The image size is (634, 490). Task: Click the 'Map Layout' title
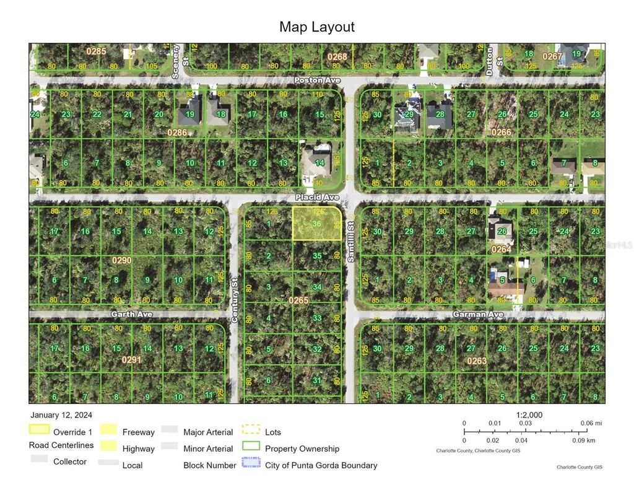316,27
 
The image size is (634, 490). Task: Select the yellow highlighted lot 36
316,224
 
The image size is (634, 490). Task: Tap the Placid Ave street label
317,197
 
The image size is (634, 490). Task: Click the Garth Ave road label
131,314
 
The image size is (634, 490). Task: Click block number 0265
298,300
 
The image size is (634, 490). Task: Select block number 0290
122,261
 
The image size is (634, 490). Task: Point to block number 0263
477,361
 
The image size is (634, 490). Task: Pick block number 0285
97,51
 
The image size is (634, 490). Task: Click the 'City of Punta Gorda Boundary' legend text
321,465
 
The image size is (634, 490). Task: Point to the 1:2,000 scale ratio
529,415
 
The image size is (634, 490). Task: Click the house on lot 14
316,160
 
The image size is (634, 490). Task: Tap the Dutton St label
490,61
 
